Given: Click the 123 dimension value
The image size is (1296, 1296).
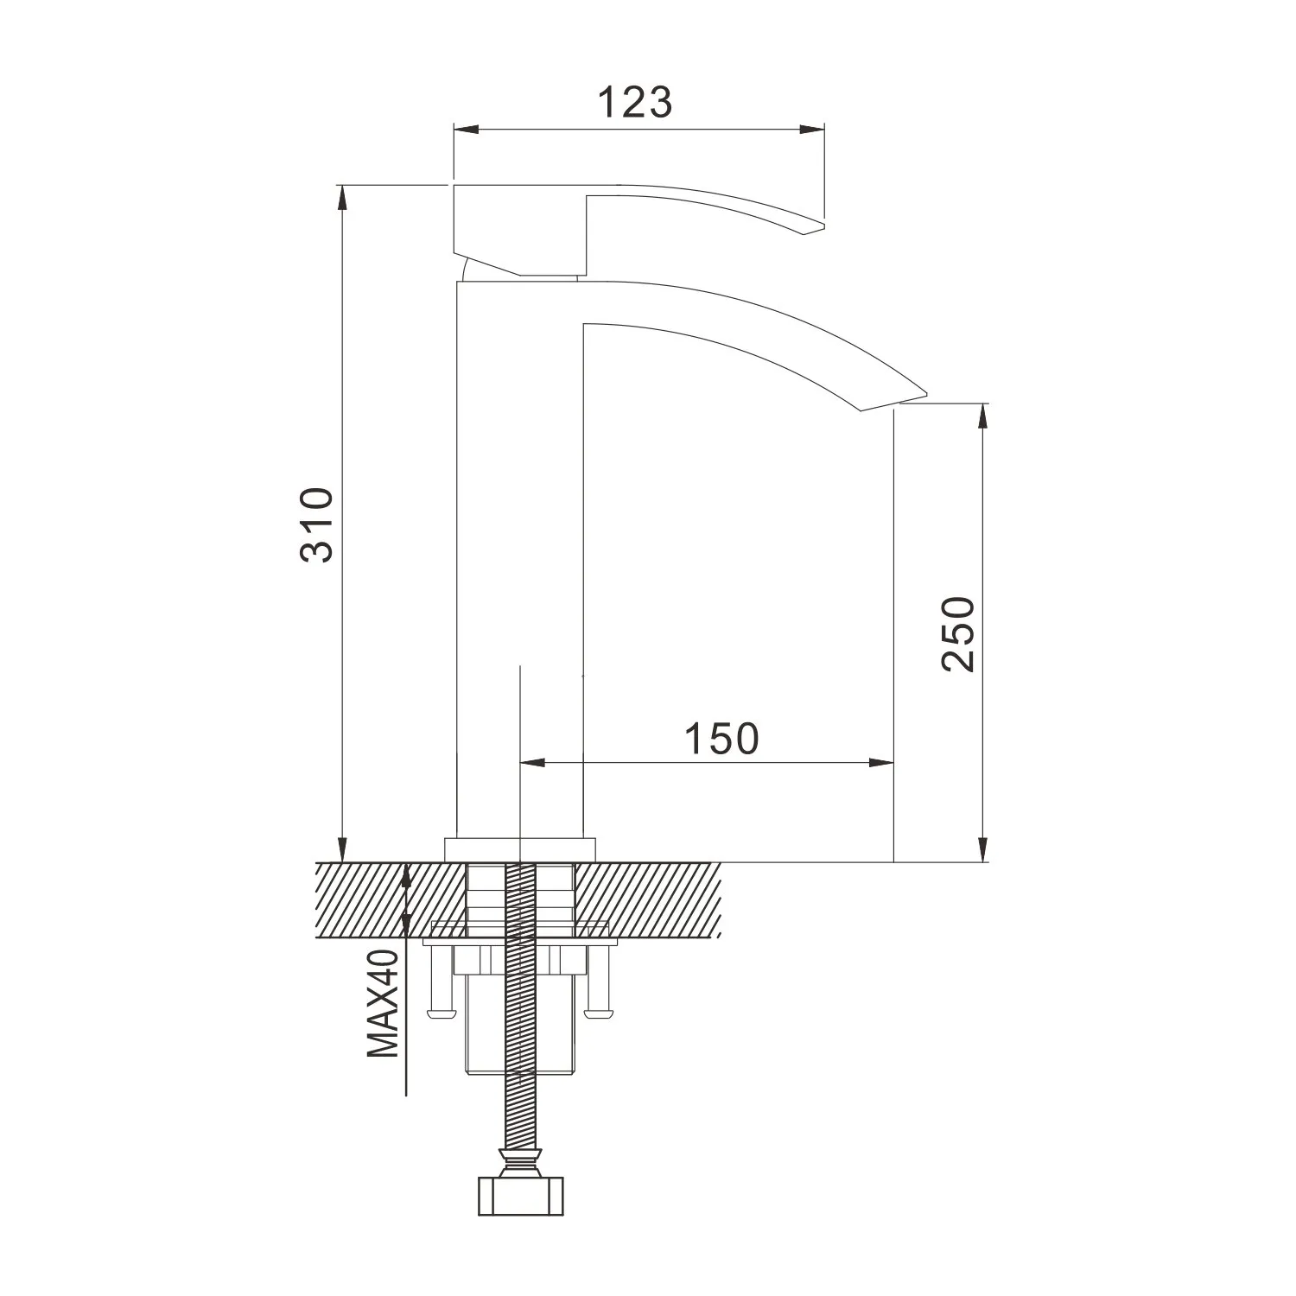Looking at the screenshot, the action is (635, 102).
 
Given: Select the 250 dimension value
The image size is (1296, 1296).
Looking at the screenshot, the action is (959, 633).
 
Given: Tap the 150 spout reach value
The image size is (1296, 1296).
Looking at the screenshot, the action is (721, 738).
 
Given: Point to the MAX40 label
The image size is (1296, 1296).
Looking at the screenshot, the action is (383, 1003).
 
